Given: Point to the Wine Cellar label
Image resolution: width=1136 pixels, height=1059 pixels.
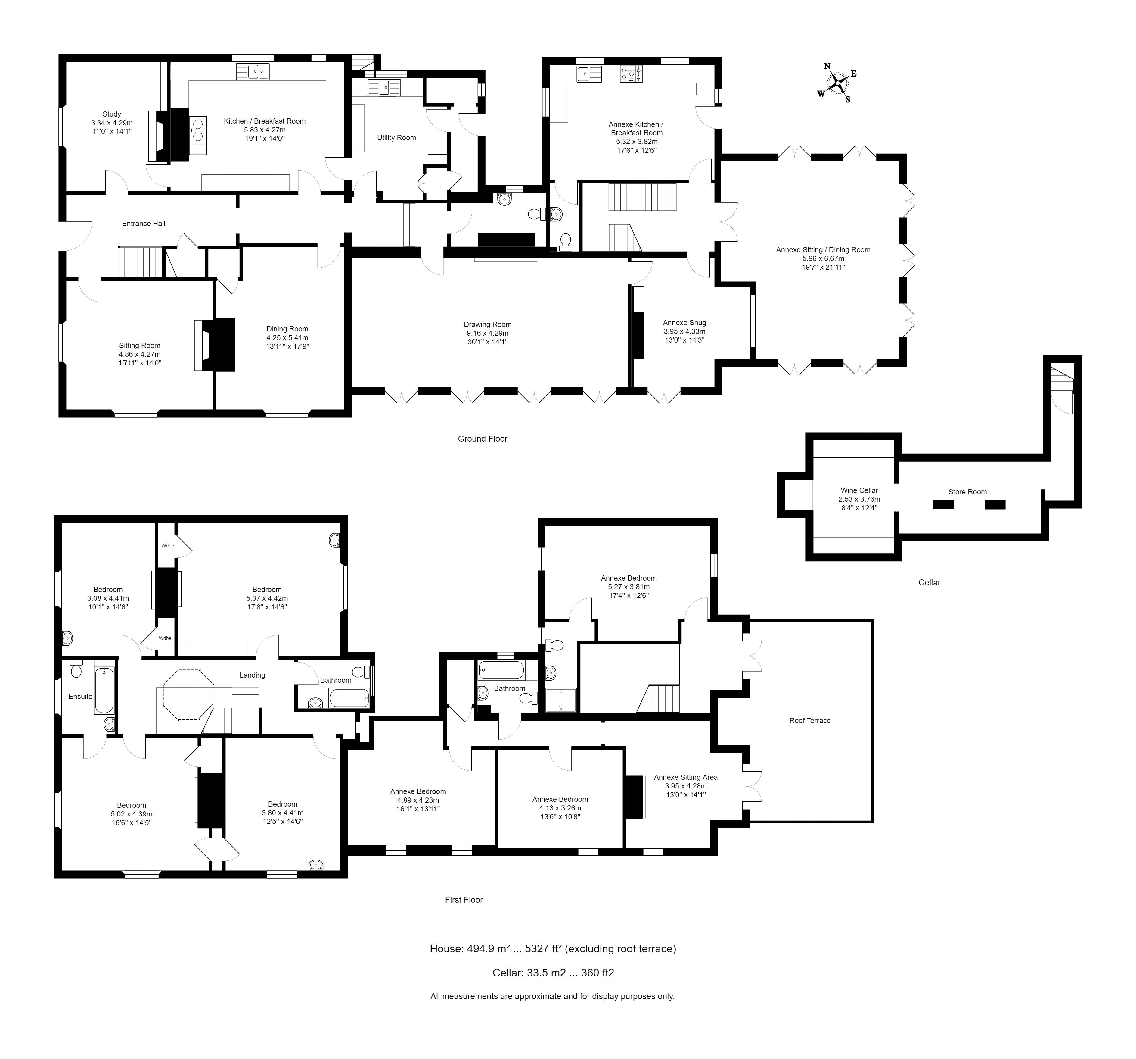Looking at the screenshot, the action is [x=859, y=490].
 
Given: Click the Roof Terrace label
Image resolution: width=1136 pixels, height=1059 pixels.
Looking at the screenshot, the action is [x=810, y=720].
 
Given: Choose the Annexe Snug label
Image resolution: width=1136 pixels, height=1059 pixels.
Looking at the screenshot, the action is [x=684, y=322].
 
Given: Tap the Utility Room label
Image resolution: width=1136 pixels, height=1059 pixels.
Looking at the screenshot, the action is [x=396, y=138].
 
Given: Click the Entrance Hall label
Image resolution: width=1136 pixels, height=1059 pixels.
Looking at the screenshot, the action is [x=143, y=224].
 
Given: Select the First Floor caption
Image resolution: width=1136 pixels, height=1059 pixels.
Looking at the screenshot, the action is [x=464, y=899].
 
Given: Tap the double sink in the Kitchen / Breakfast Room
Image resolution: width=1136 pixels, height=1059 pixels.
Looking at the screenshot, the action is [x=253, y=71].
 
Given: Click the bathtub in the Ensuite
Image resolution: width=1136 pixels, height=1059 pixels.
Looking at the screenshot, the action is [x=104, y=690].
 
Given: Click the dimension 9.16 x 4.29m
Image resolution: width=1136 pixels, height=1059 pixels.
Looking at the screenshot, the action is [x=487, y=334].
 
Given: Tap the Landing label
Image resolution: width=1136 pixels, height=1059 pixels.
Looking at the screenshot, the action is [x=252, y=675].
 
